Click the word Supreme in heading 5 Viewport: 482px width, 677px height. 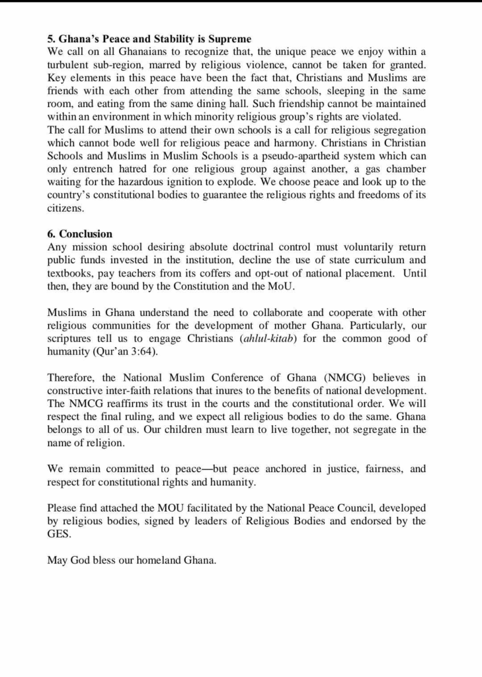coord(223,38)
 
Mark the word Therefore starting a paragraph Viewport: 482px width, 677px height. coord(72,378)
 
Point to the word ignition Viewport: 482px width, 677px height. coord(216,181)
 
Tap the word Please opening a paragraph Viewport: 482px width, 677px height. coord(63,508)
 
